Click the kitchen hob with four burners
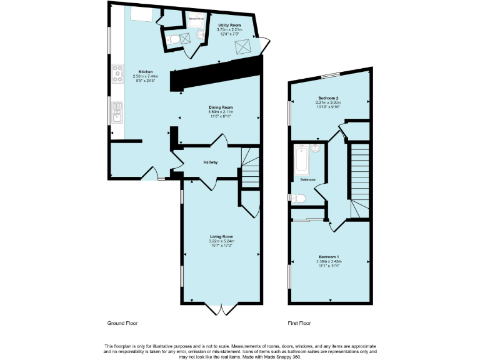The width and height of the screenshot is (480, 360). point(117,74)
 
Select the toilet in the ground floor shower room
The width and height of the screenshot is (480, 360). point(175,40)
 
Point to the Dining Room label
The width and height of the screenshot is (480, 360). point(221,107)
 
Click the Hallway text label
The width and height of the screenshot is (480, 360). point(210,162)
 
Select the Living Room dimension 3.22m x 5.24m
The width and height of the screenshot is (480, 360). point(221,241)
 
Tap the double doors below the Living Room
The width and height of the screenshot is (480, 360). point(221,309)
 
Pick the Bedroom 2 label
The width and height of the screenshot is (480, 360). point(329,98)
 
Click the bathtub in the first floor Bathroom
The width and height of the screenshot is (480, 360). point(301,160)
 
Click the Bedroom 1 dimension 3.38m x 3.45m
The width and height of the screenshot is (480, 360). point(329,261)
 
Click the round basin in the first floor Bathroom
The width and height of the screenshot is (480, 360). point(316,149)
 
